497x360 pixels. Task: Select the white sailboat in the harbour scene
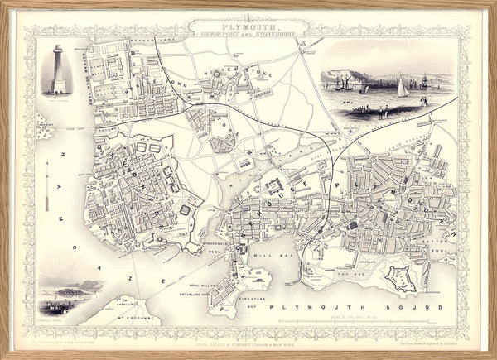(403, 87)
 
